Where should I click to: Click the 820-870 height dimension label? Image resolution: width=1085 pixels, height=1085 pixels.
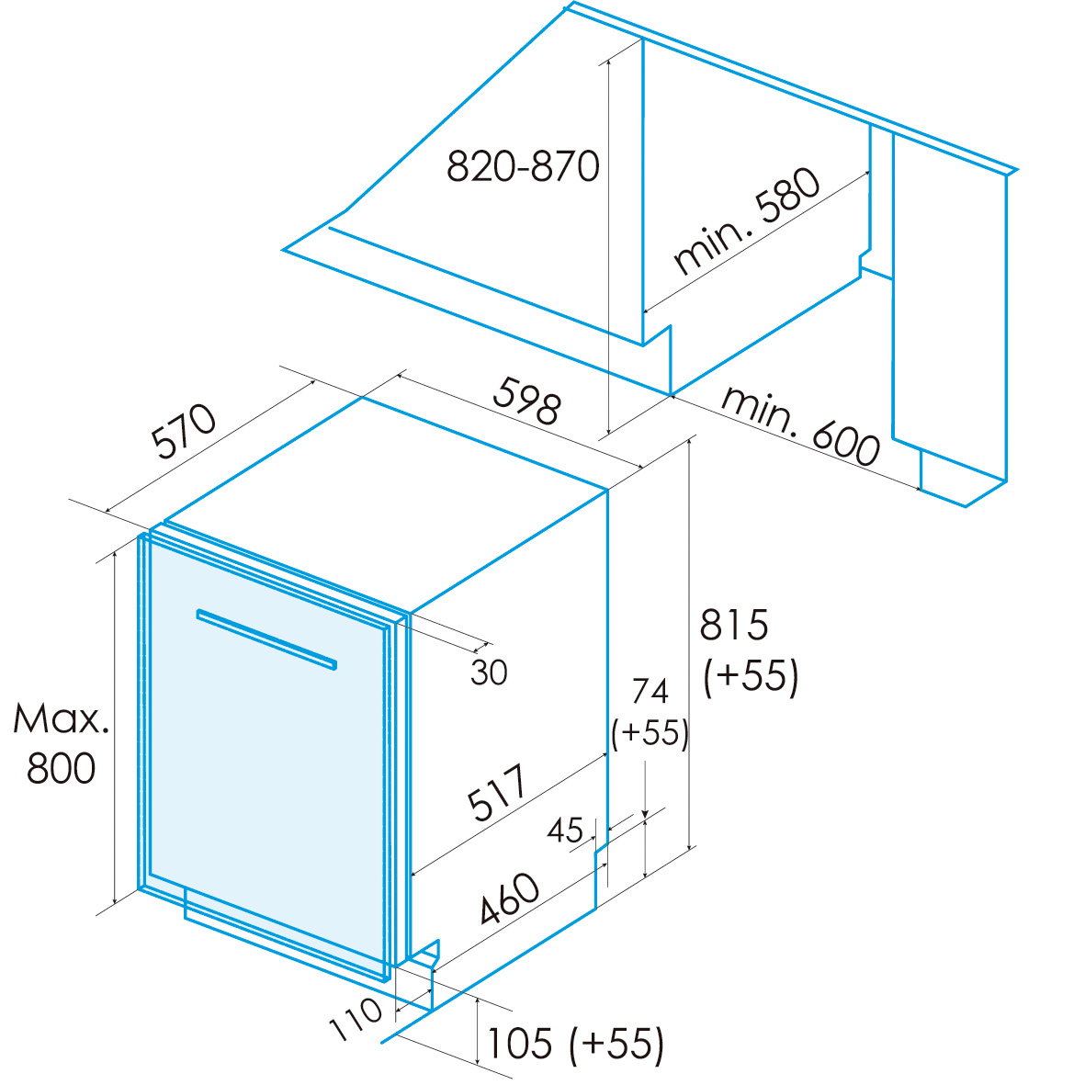[x=523, y=166]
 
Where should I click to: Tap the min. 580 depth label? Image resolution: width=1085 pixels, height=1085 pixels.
[x=747, y=221]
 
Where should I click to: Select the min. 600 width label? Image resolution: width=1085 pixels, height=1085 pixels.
[x=800, y=424]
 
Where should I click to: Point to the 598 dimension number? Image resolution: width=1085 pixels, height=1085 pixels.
[x=527, y=400]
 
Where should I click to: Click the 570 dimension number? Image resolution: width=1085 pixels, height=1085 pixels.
[x=184, y=431]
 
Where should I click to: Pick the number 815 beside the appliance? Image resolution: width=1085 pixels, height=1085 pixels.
[x=733, y=625]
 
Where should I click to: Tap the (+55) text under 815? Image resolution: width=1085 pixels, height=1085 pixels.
[x=751, y=676]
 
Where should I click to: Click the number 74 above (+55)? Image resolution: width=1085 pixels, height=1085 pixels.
[x=650, y=691]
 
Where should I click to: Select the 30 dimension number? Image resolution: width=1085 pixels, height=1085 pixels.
[x=490, y=672]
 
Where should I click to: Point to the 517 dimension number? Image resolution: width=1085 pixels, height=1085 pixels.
[x=497, y=792]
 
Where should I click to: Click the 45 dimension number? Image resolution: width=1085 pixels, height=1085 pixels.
[x=565, y=831]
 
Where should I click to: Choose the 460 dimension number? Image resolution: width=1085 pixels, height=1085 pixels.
[x=510, y=899]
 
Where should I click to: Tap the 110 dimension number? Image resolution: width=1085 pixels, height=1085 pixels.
[x=355, y=1020]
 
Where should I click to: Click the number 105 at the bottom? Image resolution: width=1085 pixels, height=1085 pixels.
[x=520, y=1044]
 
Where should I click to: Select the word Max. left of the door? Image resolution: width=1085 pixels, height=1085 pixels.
[x=61, y=719]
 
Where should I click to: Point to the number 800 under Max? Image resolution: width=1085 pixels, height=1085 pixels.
[x=61, y=769]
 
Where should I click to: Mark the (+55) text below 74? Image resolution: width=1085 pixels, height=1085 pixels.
[x=650, y=733]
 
